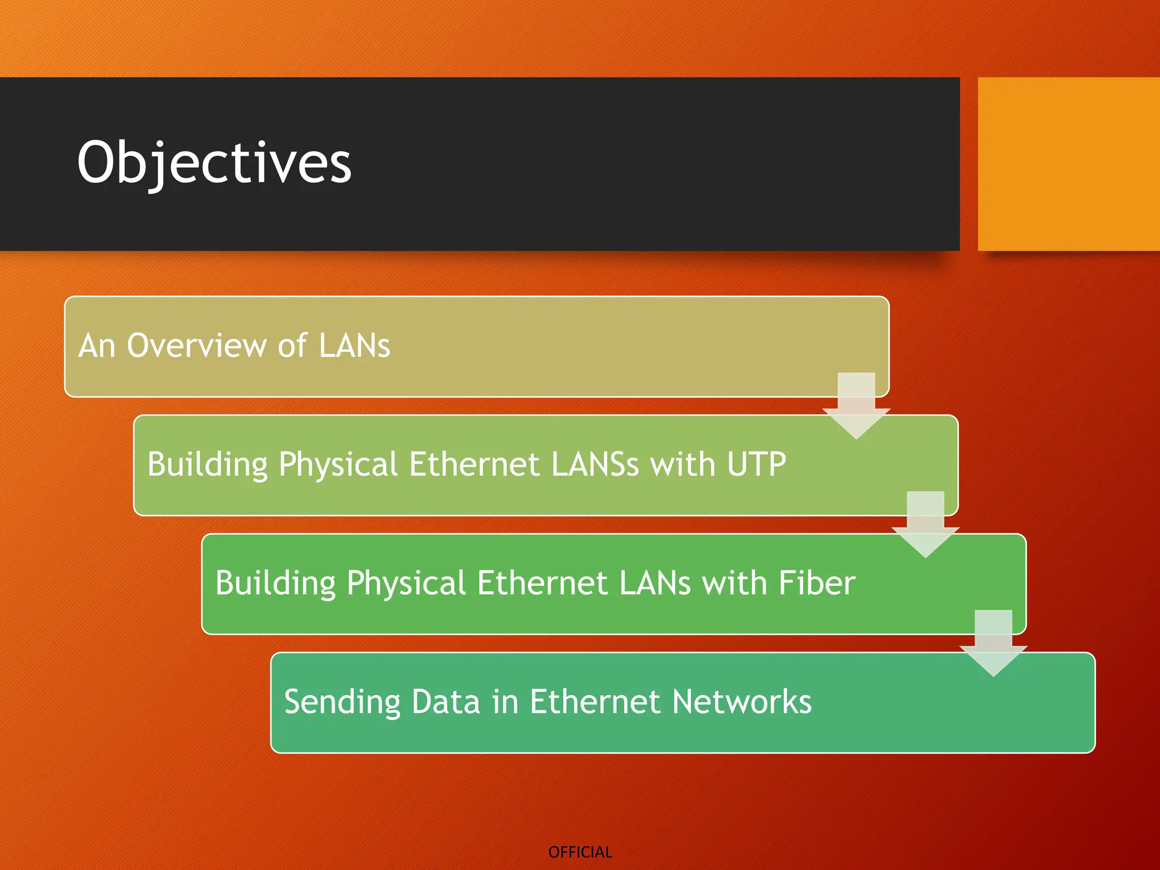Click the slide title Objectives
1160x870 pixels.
click(214, 163)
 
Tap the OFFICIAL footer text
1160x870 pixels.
click(580, 852)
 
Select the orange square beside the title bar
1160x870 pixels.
click(1068, 164)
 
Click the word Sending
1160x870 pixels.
click(342, 702)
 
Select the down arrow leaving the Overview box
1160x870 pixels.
click(856, 406)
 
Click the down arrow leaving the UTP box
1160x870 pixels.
click(925, 524)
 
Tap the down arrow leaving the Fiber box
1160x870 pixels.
click(993, 643)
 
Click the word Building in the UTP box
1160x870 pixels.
click(207, 465)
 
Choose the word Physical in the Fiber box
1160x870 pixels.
click(406, 583)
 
